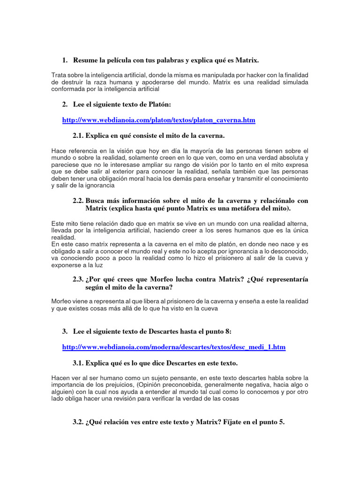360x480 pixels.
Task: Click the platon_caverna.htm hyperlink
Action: pos(158,120)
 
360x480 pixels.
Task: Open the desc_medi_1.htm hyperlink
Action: pos(173,347)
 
